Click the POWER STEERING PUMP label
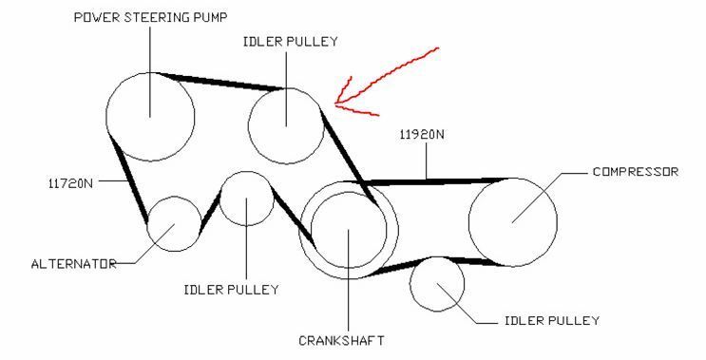tap(150, 17)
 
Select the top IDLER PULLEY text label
tap(290, 42)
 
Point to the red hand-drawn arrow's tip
tap(335, 104)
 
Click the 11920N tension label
tap(422, 135)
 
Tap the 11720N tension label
tap(70, 183)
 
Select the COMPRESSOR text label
tap(636, 171)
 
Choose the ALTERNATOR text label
tap(74, 264)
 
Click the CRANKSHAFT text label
tap(342, 341)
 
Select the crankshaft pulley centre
tap(349, 230)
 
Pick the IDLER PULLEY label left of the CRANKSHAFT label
tap(232, 290)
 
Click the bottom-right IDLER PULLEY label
tap(552, 320)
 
